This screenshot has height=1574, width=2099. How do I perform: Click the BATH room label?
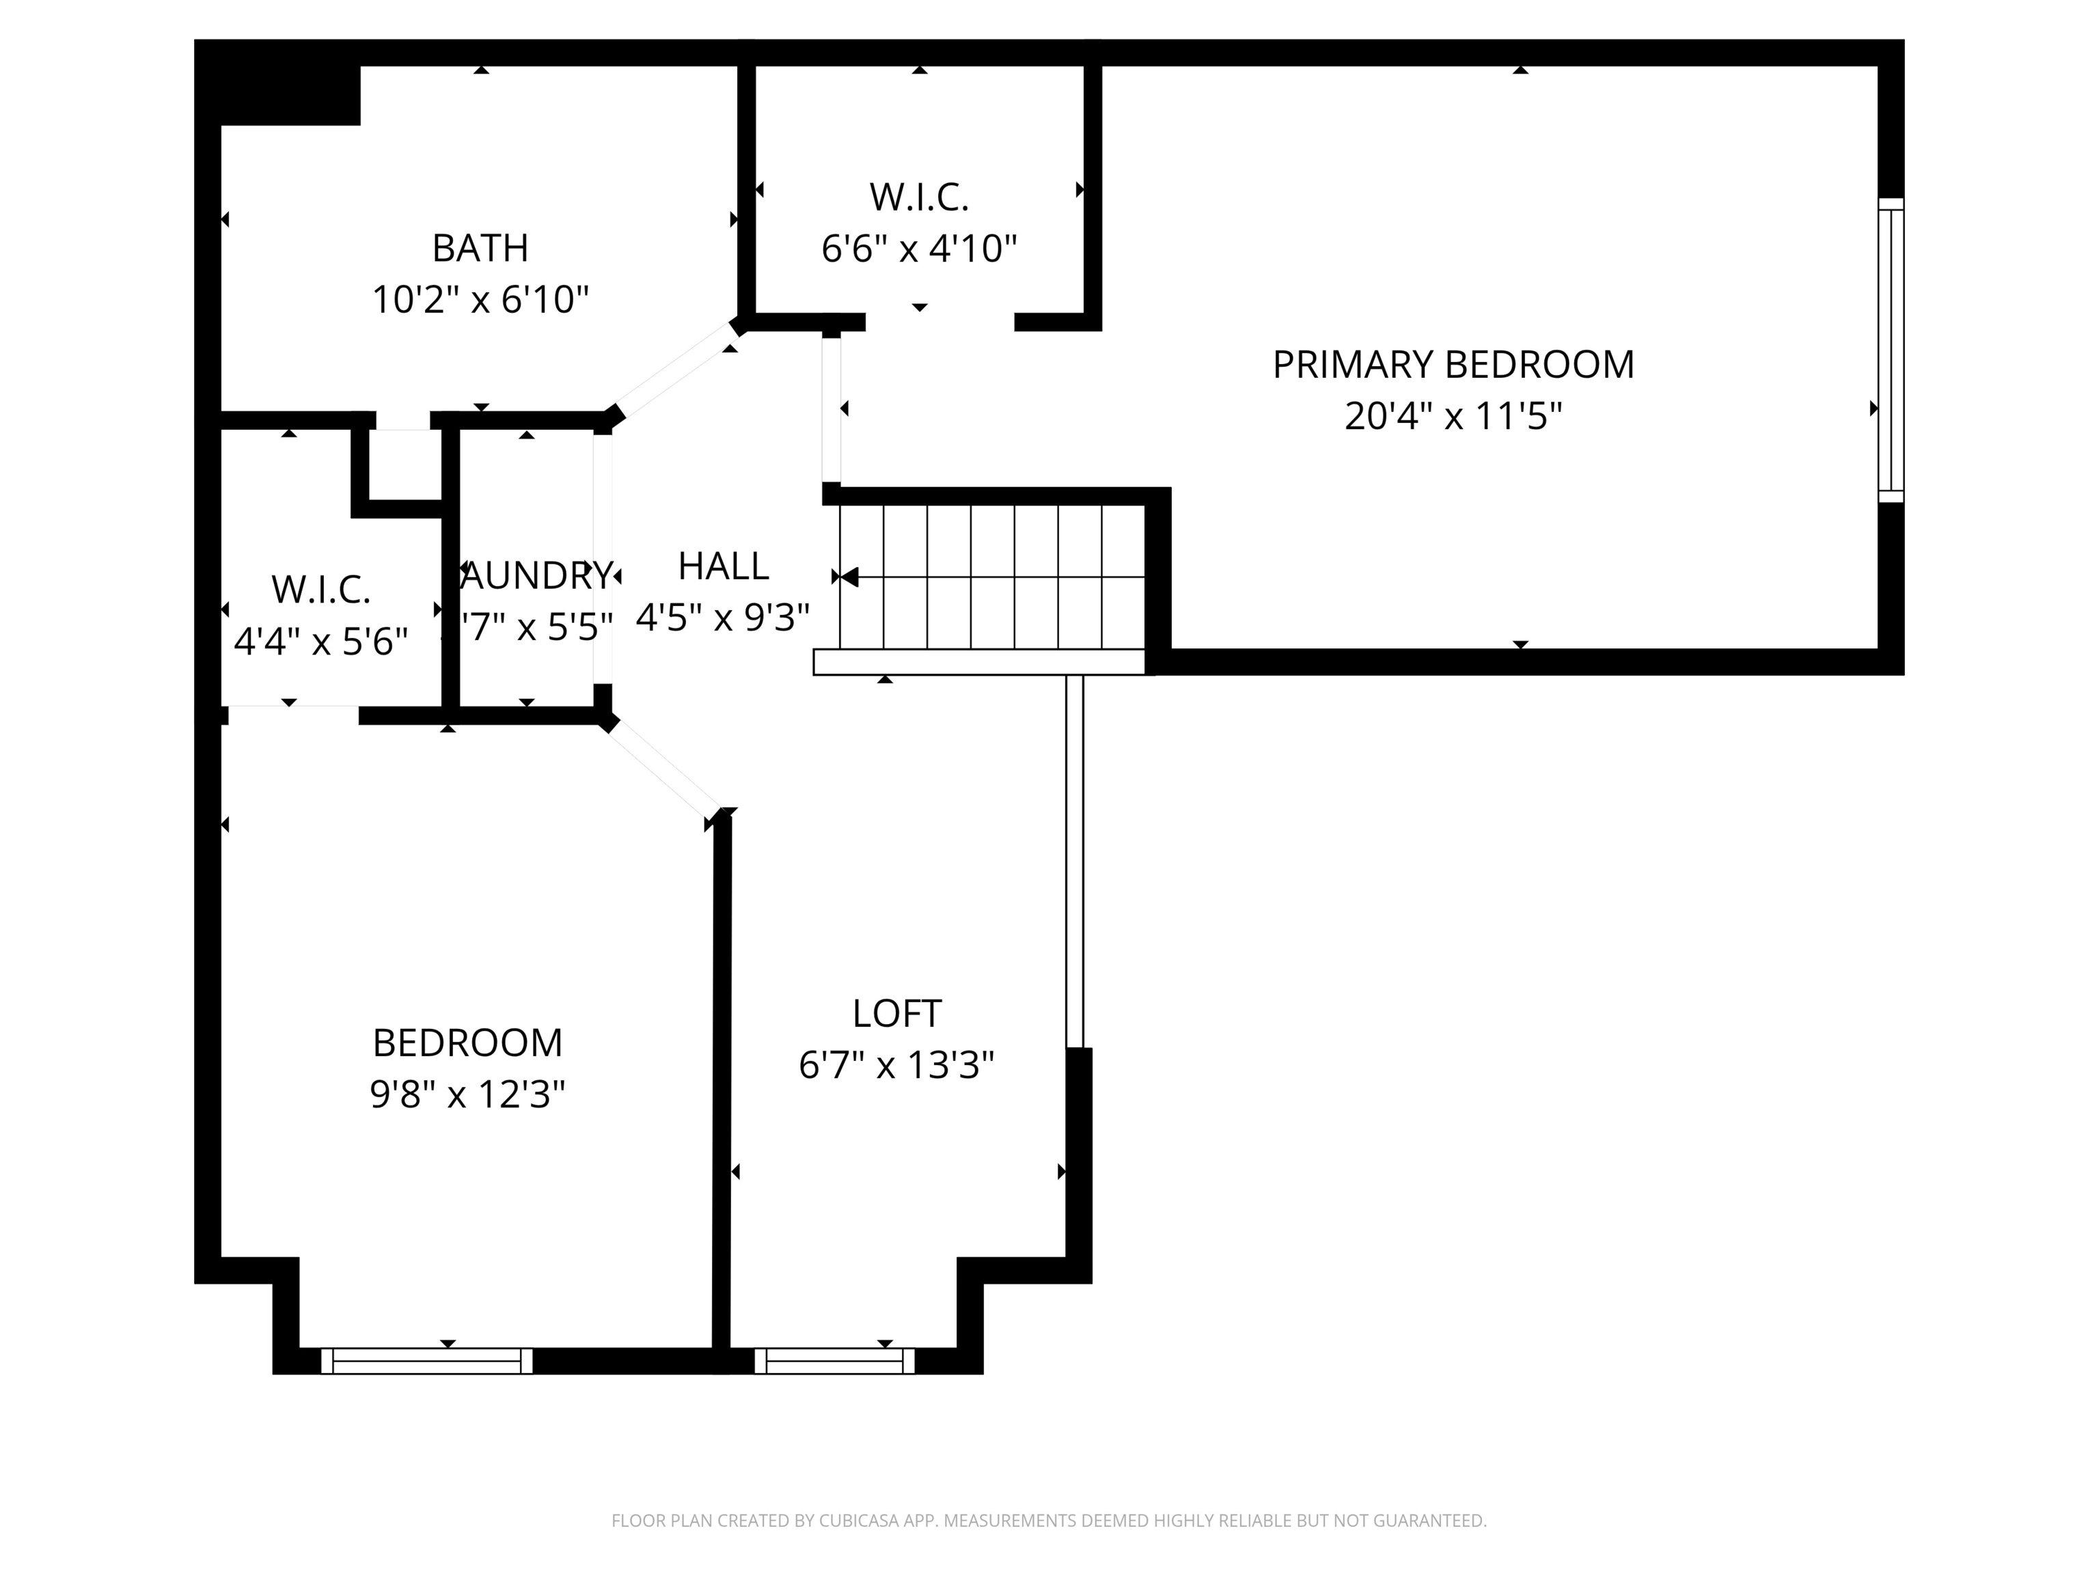(480, 249)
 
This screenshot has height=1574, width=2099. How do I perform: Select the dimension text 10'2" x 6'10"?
(480, 300)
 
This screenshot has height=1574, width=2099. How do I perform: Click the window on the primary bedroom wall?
(1890, 350)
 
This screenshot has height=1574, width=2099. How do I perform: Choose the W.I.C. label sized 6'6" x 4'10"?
(918, 198)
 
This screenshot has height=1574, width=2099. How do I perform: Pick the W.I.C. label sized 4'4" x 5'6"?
(320, 590)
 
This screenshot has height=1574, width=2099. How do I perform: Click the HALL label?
(723, 567)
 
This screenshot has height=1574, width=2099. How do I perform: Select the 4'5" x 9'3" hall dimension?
(723, 618)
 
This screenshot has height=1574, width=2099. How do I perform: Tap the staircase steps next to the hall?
(991, 577)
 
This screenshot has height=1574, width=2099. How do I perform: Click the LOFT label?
(896, 1014)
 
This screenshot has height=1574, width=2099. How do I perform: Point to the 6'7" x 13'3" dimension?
(896, 1066)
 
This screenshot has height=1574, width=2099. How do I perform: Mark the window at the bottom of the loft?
(834, 1361)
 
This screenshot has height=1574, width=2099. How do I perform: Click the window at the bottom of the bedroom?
(427, 1361)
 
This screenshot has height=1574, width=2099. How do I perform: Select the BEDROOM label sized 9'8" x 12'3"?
(467, 1044)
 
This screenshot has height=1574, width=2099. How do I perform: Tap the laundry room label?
(537, 576)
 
